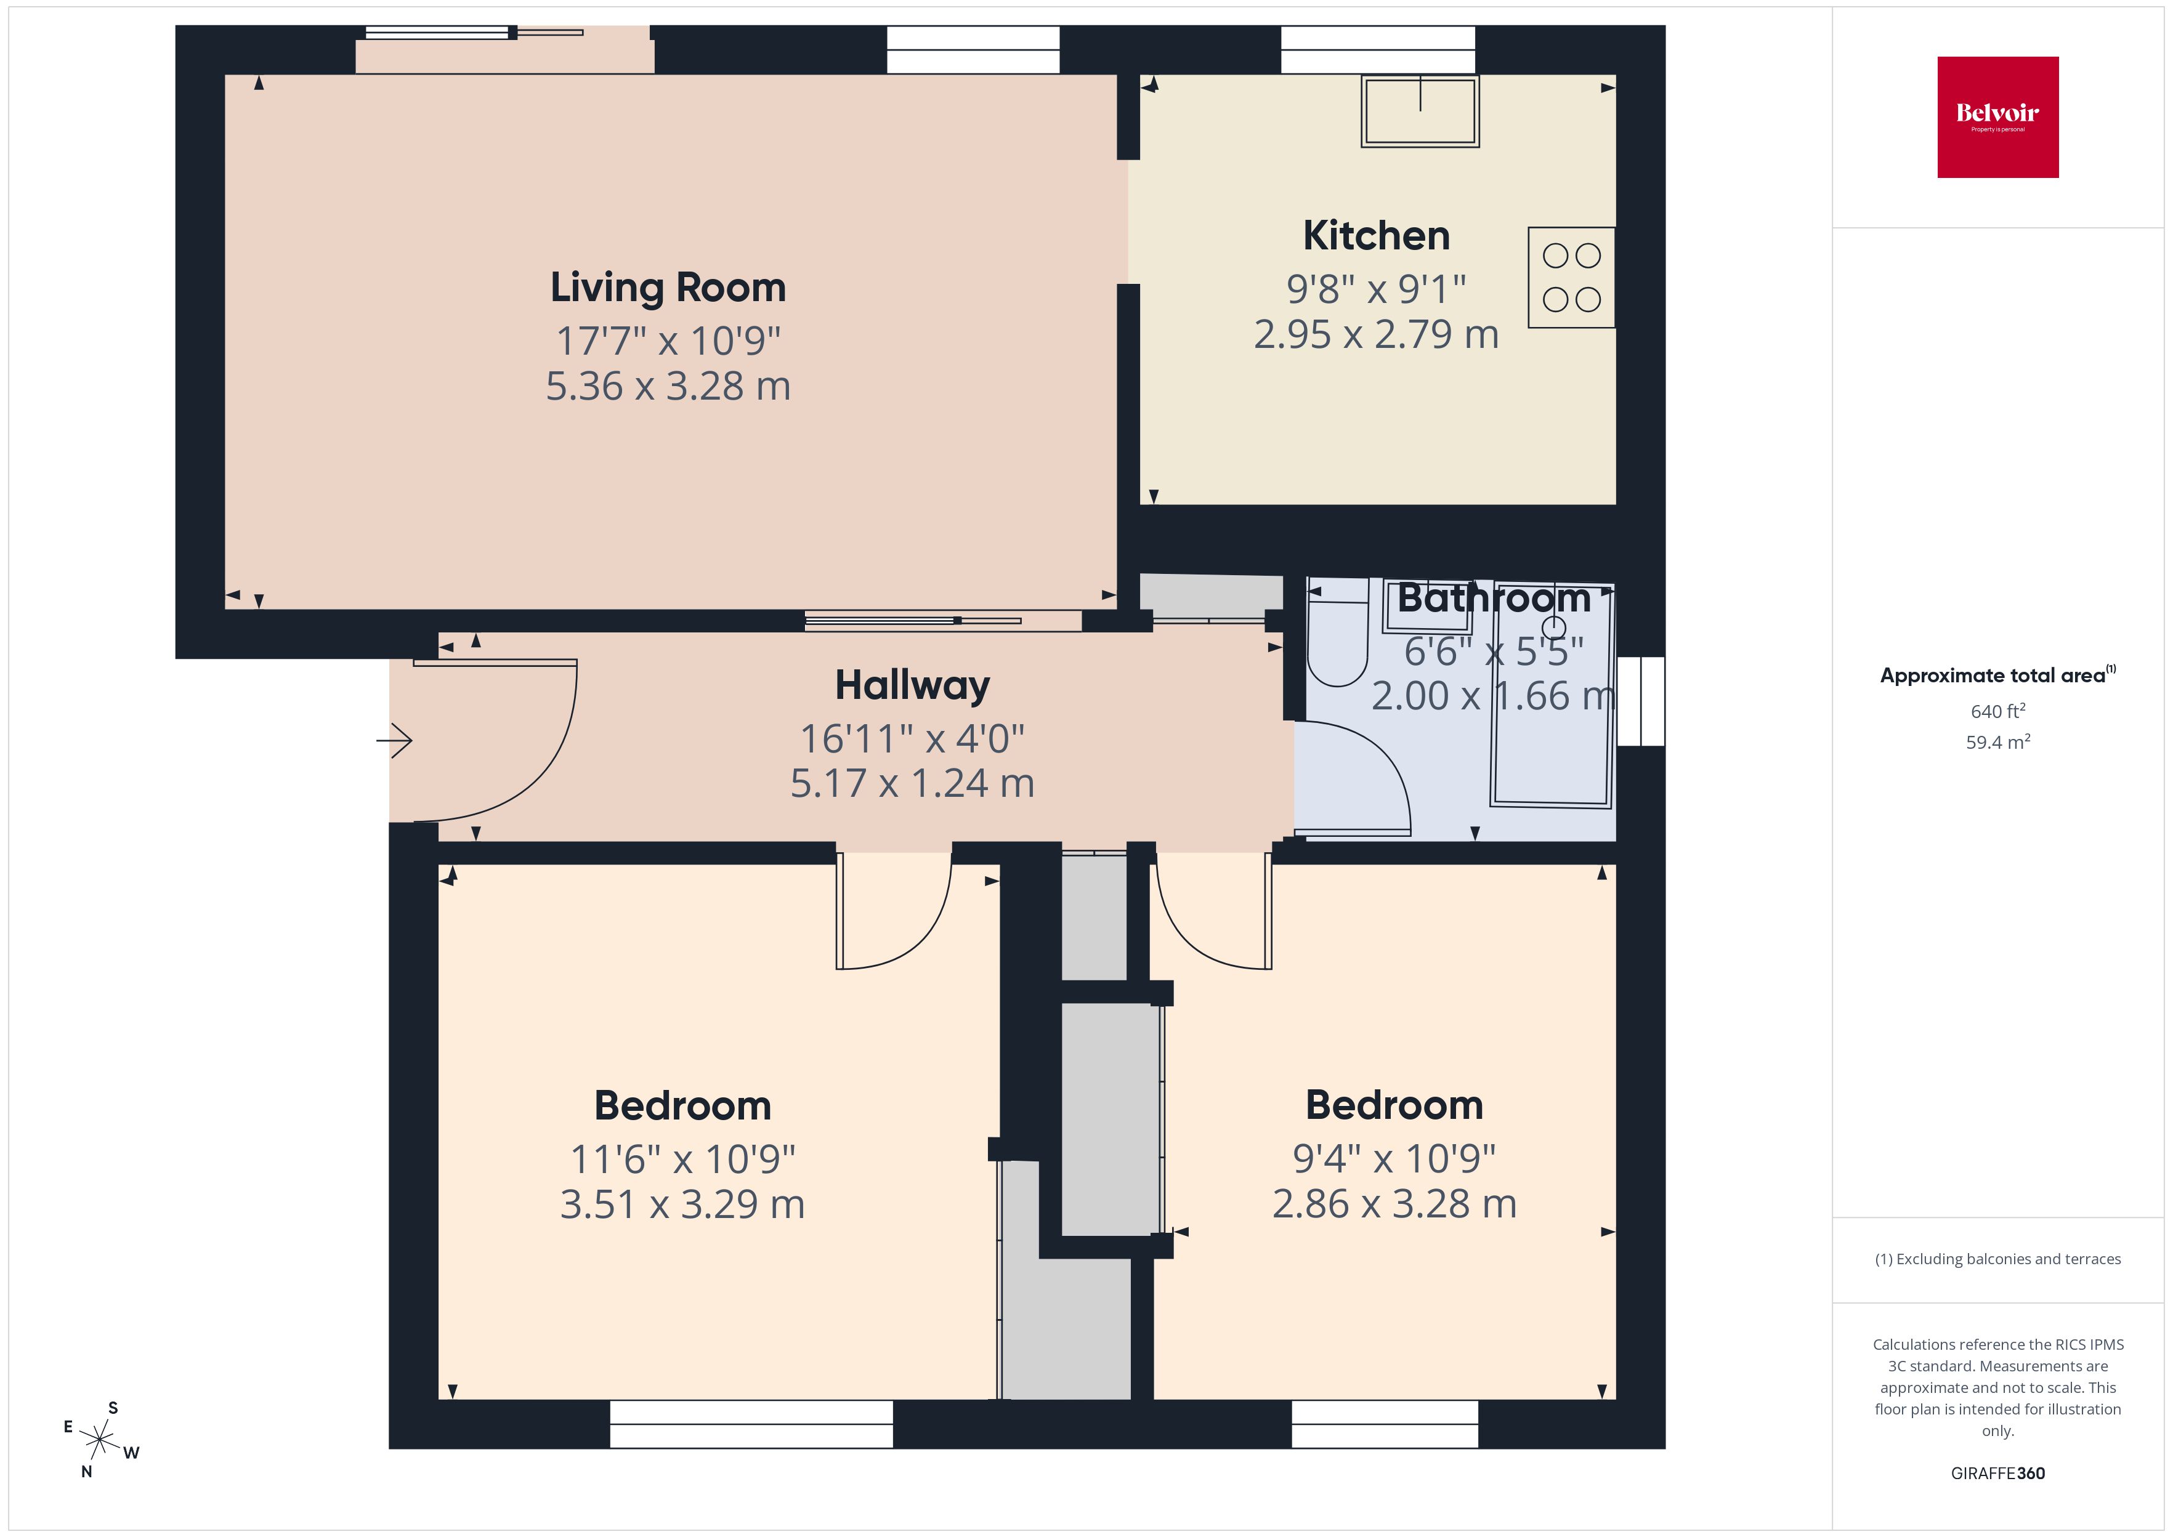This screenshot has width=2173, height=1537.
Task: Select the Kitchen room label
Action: click(x=1375, y=236)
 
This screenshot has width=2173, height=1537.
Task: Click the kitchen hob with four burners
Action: click(x=1571, y=277)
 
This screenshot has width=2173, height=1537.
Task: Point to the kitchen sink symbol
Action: click(x=1420, y=111)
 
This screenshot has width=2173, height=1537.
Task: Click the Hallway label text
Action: click(x=912, y=685)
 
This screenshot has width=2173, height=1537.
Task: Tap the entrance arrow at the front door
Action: click(x=395, y=740)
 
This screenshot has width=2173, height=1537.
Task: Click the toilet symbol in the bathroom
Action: click(x=1337, y=643)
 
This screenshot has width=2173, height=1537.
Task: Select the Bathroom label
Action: click(x=1494, y=598)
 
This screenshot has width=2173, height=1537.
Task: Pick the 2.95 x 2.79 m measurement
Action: click(x=1375, y=334)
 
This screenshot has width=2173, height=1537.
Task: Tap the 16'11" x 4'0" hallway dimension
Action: click(x=912, y=738)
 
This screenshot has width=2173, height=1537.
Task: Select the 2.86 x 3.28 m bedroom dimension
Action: click(x=1393, y=1204)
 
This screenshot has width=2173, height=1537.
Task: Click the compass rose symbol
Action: click(x=99, y=1440)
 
